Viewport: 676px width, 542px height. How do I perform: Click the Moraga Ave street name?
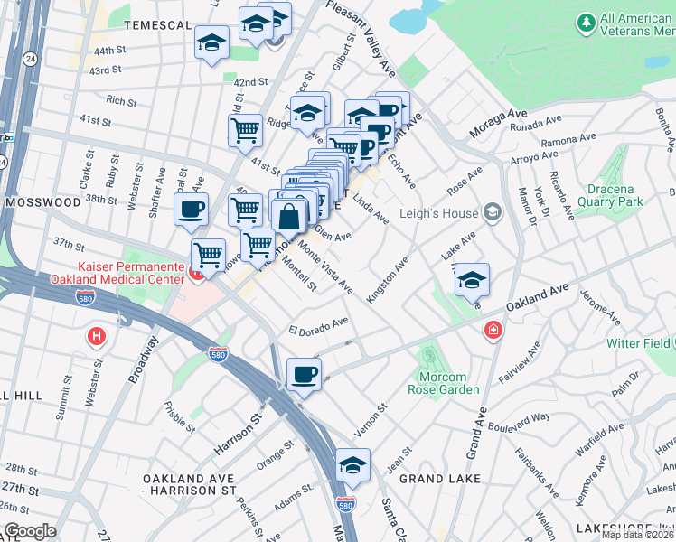coord(496,127)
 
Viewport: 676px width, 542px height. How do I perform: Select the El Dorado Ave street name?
coord(318,326)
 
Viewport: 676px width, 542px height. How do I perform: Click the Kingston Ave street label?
coord(388,279)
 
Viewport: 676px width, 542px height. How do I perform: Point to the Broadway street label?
coord(144,360)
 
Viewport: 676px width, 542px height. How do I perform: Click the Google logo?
coord(30,531)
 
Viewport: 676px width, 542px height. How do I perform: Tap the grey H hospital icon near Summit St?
coord(97,338)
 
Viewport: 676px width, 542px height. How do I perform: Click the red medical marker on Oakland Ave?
coord(493,331)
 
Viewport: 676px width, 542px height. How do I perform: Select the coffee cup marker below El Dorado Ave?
coord(304,374)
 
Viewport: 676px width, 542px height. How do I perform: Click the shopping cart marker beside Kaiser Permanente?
coord(209,257)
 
